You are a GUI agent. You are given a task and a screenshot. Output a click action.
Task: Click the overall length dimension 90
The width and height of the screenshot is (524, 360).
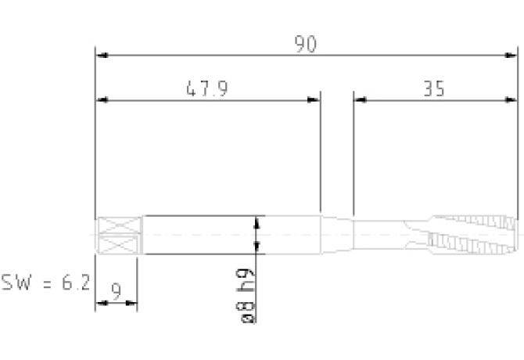(306, 44)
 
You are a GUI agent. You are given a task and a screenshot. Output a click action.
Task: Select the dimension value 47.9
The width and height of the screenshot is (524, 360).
(207, 88)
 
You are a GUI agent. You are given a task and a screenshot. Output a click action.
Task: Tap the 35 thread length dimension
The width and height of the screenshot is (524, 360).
(434, 89)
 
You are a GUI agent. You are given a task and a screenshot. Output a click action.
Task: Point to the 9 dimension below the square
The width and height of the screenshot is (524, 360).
(116, 291)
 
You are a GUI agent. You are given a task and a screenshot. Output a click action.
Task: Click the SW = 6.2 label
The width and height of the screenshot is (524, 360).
(46, 283)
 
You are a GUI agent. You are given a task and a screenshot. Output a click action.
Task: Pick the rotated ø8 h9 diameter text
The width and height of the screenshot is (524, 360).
(246, 296)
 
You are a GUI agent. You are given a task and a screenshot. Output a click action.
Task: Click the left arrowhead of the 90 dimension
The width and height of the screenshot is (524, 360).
(102, 55)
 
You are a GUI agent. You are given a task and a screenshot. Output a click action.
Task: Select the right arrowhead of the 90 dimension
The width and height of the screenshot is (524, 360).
(510, 55)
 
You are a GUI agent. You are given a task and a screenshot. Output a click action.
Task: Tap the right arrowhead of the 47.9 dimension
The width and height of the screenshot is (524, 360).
(313, 99)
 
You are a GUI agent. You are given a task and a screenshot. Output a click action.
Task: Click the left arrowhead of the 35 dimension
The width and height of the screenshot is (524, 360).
(361, 99)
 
